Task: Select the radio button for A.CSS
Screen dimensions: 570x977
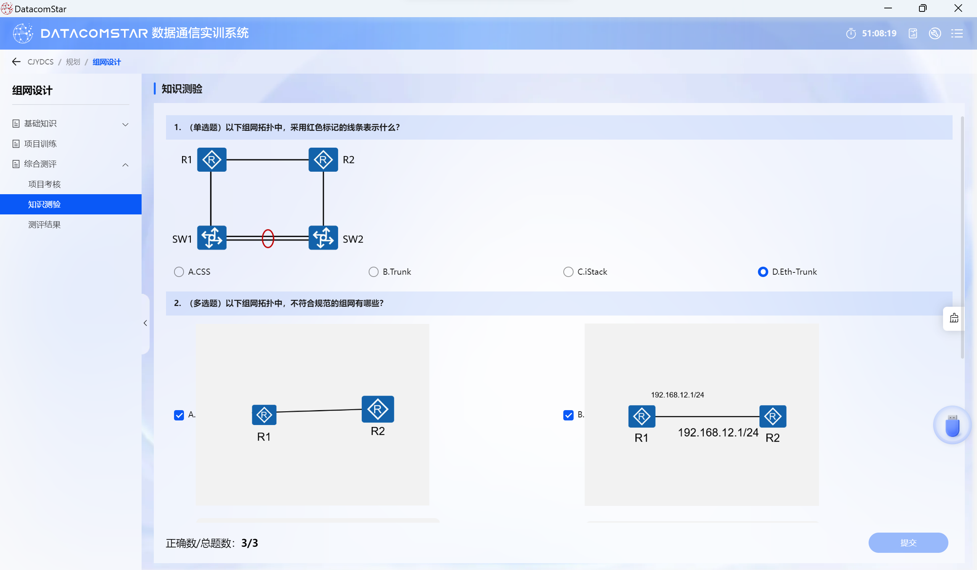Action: [179, 272]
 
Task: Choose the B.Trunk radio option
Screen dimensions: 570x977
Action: [373, 272]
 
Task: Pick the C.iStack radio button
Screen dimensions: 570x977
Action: [568, 272]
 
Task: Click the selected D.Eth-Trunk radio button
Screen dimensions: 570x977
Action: [763, 272]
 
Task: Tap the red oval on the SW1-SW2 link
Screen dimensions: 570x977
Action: [268, 238]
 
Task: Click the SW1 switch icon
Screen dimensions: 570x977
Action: [212, 238]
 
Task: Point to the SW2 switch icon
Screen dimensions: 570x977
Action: [323, 238]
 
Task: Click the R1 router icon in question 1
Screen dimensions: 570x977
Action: [212, 159]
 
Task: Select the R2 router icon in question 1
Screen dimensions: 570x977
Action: [323, 159]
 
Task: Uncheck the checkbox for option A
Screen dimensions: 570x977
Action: [179, 415]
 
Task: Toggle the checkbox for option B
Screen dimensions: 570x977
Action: [568, 415]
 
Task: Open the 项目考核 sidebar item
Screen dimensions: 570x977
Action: [45, 184]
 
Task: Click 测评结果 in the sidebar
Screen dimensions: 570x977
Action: [45, 225]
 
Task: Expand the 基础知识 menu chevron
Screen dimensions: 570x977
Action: [125, 124]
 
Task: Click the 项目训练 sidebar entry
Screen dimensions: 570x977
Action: [40, 144]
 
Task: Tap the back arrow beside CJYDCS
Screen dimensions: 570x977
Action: [16, 61]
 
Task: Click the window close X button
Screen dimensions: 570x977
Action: [958, 8]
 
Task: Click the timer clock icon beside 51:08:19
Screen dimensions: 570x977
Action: [851, 34]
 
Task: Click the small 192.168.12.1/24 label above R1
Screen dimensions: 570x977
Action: [677, 395]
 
